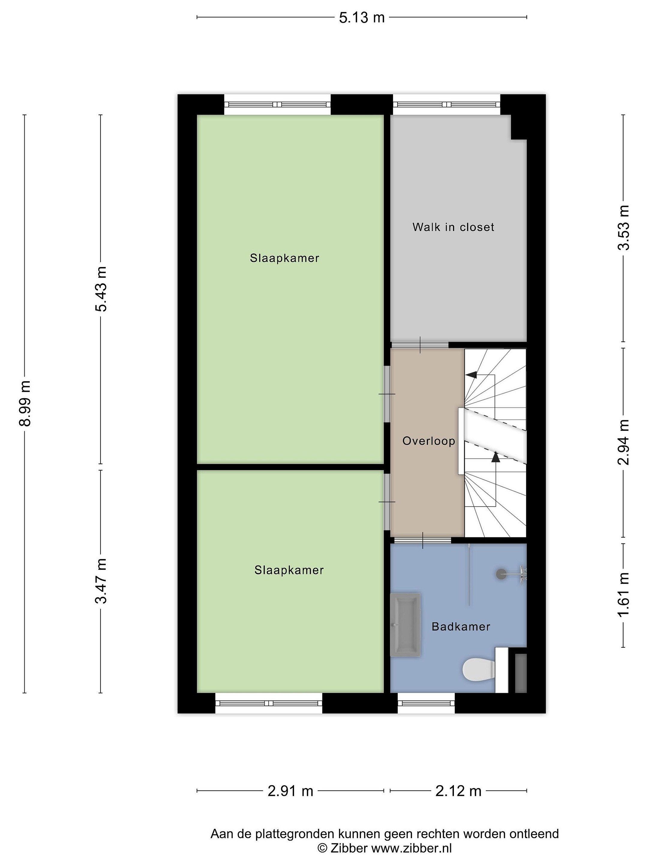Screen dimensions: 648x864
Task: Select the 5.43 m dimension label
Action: click(x=101, y=289)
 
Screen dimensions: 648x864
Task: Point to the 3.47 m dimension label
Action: click(x=101, y=581)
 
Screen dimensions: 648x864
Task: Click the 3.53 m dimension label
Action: click(x=623, y=227)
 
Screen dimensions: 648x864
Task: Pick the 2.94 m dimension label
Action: click(x=623, y=442)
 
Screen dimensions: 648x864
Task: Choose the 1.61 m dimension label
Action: click(x=623, y=595)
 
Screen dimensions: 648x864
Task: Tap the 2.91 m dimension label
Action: click(x=290, y=791)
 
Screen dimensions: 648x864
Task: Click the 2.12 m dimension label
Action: click(x=458, y=791)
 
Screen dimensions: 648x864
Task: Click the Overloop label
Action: click(x=428, y=441)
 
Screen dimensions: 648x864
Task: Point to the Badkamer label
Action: click(x=460, y=626)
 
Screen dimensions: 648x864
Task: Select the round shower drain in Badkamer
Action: click(x=501, y=574)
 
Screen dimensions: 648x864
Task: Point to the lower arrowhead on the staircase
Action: click(x=496, y=457)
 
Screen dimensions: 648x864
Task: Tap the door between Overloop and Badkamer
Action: click(x=423, y=540)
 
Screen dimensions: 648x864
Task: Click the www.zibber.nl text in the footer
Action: click(x=411, y=848)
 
